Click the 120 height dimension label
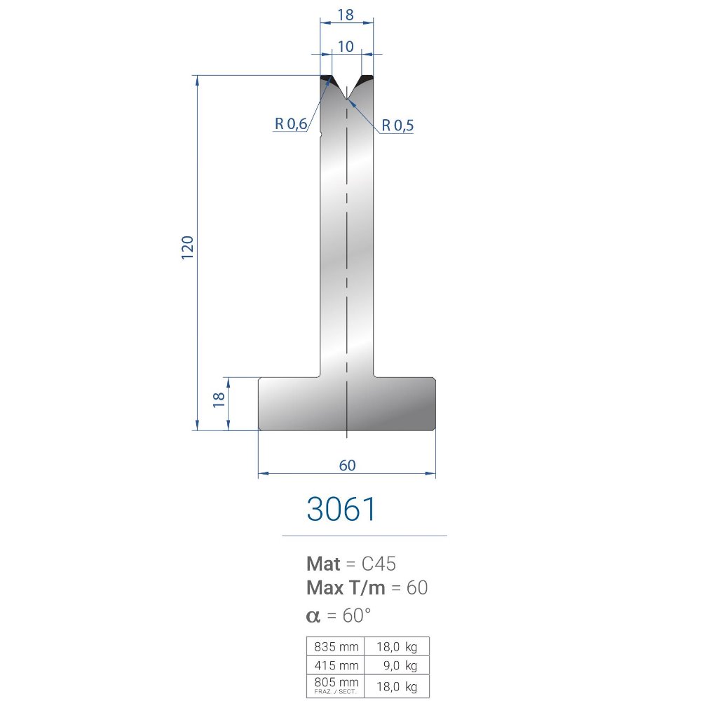tap(187, 247)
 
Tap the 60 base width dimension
tap(348, 465)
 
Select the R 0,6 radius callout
tap(291, 123)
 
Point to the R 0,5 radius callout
tap(397, 125)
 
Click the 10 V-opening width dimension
tap(346, 46)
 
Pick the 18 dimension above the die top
tap(346, 15)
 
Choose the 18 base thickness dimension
tap(219, 400)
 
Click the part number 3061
tap(341, 509)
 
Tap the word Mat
tap(323, 564)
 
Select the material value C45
tap(379, 564)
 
